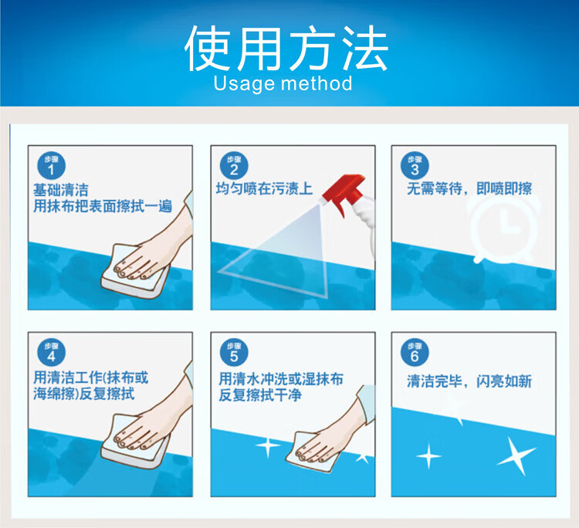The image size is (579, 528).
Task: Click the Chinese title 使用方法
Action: coord(286,49)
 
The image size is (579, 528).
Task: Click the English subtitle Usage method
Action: coord(283,83)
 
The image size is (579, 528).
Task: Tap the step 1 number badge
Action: coord(51,165)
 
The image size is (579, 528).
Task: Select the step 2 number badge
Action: coord(234,165)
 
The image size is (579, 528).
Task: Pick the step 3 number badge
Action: coord(415,165)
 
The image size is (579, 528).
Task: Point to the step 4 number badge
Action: coord(51,352)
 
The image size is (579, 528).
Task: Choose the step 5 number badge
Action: coord(234,352)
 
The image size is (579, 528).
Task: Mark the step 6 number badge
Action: coord(415,352)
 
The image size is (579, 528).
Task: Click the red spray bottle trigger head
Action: coord(344,193)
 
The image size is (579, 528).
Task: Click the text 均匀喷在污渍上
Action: coord(264,188)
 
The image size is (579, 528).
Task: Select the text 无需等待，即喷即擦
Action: coord(469,188)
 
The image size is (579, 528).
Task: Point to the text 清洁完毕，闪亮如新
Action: coord(469,381)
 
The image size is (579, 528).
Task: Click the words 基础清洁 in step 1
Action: coord(61,190)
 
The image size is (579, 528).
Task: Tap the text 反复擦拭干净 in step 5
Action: coord(260,395)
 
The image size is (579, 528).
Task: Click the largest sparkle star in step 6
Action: coord(516,455)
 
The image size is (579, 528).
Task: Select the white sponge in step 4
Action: coord(135,442)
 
